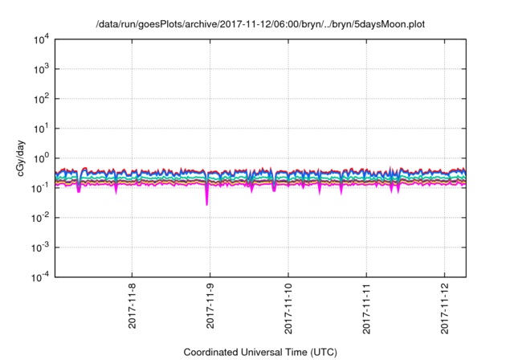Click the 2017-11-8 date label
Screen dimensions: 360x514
coord(133,305)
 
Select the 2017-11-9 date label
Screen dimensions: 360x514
coord(210,305)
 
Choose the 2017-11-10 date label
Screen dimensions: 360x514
coord(288,307)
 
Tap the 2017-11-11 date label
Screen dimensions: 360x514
coord(366,307)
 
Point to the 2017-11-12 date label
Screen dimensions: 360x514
coord(445,307)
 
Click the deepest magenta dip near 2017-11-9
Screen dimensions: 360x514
coord(207,203)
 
